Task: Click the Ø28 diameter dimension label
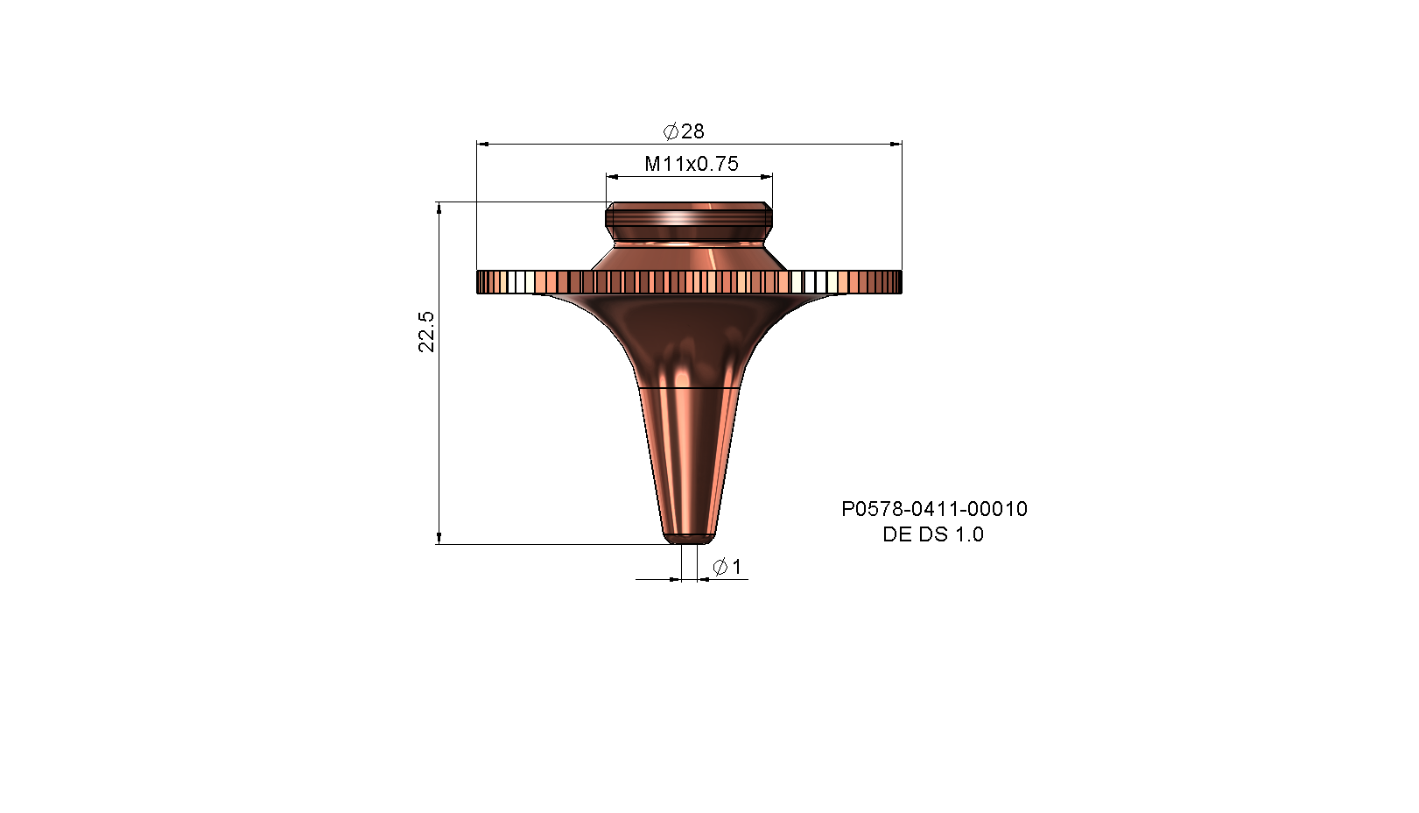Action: tap(684, 131)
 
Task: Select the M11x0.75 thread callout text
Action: tap(692, 164)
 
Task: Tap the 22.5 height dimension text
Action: tap(426, 331)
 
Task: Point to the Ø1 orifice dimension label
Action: tap(727, 566)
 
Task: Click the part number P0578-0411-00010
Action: tap(934, 509)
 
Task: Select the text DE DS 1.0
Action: tap(933, 534)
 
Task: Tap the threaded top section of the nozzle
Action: tap(689, 215)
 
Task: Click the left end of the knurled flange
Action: tap(478, 282)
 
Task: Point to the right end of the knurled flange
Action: tap(900, 282)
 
